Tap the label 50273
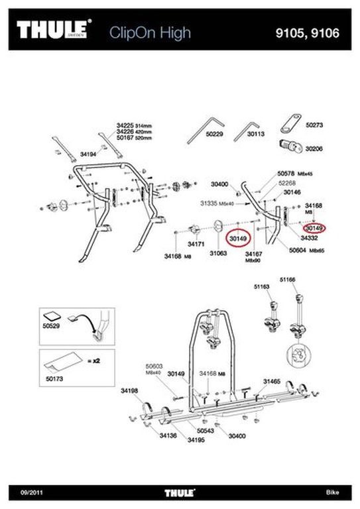click(314, 124)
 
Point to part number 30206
click(314, 150)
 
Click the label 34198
click(129, 391)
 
